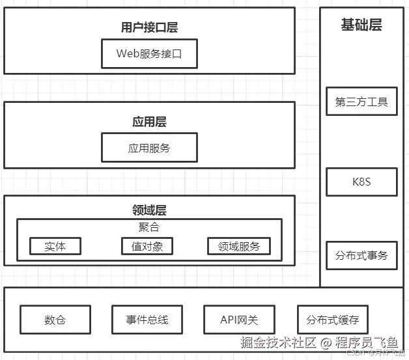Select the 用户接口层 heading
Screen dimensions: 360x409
click(x=149, y=27)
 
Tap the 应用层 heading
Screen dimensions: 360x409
click(x=149, y=122)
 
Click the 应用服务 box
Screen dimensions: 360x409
click(x=149, y=148)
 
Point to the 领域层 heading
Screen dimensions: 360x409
click(x=149, y=210)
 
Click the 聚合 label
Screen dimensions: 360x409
click(x=149, y=227)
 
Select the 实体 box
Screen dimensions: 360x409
click(x=55, y=246)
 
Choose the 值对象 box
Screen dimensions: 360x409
click(x=147, y=246)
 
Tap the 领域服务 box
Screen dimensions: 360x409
click(x=238, y=246)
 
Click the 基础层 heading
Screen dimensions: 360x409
click(x=361, y=25)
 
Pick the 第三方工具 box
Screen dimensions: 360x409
click(x=361, y=102)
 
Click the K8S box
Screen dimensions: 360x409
click(x=361, y=182)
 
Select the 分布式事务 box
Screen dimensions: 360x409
click(x=361, y=255)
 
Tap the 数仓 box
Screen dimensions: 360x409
click(x=55, y=320)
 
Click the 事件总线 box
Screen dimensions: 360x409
click(x=147, y=320)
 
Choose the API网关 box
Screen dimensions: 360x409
click(x=240, y=320)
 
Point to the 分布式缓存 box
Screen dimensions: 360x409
click(x=333, y=320)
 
